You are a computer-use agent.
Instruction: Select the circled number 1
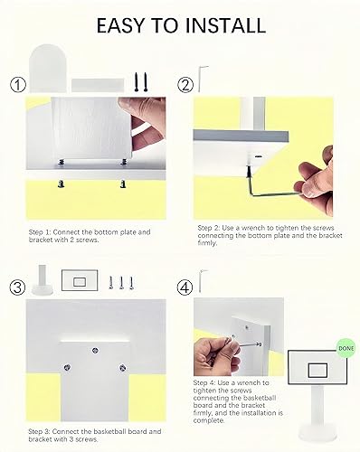tap(16, 87)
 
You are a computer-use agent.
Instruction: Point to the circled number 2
tap(185, 86)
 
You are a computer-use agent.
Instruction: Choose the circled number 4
tap(185, 287)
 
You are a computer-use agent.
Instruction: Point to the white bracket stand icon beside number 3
tap(41, 279)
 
